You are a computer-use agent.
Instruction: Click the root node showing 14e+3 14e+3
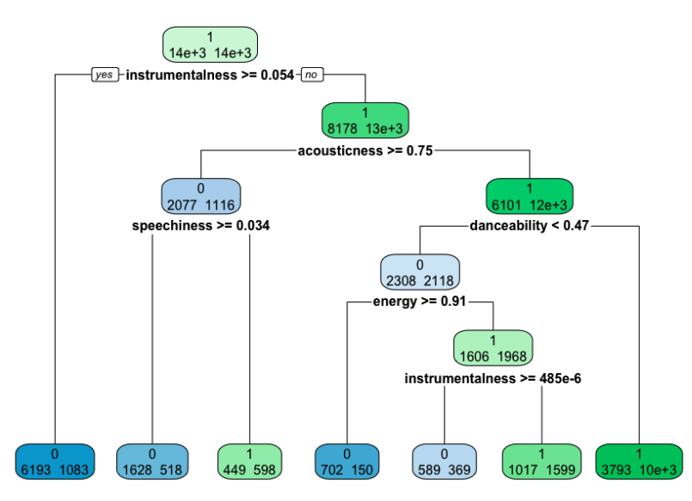pyautogui.click(x=210, y=45)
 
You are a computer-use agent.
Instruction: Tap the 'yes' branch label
pyautogui.click(x=104, y=75)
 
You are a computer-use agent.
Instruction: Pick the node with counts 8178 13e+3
pyautogui.click(x=364, y=120)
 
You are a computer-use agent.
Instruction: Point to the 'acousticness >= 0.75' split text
pyautogui.click(x=364, y=150)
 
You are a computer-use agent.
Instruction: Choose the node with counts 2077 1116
pyautogui.click(x=200, y=196)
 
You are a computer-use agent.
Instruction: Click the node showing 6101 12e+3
pyautogui.click(x=529, y=196)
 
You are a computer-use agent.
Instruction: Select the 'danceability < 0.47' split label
pyautogui.click(x=529, y=226)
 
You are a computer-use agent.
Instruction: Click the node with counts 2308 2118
pyautogui.click(x=419, y=272)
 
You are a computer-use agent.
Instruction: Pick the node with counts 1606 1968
pyautogui.click(x=493, y=347)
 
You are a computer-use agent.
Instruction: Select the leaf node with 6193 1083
pyautogui.click(x=54, y=461)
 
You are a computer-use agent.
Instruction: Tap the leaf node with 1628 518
pyautogui.click(x=151, y=461)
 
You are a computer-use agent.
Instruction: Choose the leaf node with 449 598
pyautogui.click(x=249, y=461)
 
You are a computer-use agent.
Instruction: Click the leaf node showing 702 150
pyautogui.click(x=346, y=461)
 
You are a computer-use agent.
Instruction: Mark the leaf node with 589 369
pyautogui.click(x=444, y=461)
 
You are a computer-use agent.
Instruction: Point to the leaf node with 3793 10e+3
pyautogui.click(x=639, y=461)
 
